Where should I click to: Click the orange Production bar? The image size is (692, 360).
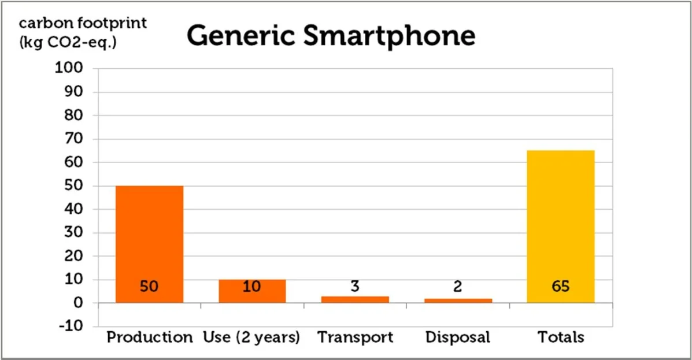pyautogui.click(x=149, y=243)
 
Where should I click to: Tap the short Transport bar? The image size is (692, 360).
pyautogui.click(x=354, y=299)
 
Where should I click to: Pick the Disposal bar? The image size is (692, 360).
pyautogui.click(x=457, y=300)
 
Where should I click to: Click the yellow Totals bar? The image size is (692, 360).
pyautogui.click(x=560, y=225)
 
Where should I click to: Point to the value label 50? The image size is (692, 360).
pyautogui.click(x=149, y=287)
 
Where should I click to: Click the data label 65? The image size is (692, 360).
pyautogui.click(x=560, y=287)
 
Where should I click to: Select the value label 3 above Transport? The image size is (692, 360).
pyautogui.click(x=355, y=287)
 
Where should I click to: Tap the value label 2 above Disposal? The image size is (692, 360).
pyautogui.click(x=457, y=287)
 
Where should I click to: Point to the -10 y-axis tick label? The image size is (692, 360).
pyautogui.click(x=72, y=326)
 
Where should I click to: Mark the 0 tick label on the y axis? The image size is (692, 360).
pyautogui.click(x=79, y=303)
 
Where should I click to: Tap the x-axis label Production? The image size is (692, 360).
pyautogui.click(x=149, y=337)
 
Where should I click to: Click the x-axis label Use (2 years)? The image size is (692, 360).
pyautogui.click(x=252, y=337)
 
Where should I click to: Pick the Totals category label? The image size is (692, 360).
pyautogui.click(x=560, y=337)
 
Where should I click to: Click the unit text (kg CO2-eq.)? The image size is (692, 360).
pyautogui.click(x=68, y=43)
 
